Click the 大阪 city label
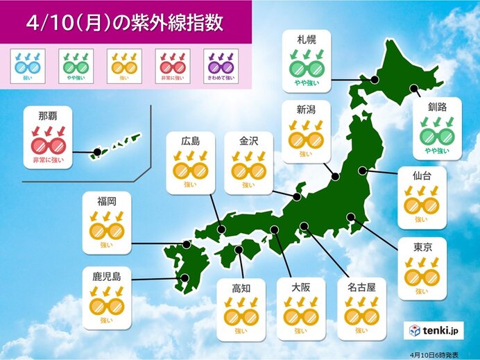[x=300, y=285]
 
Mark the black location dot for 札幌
[x=374, y=80]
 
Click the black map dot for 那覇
[x=97, y=151]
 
